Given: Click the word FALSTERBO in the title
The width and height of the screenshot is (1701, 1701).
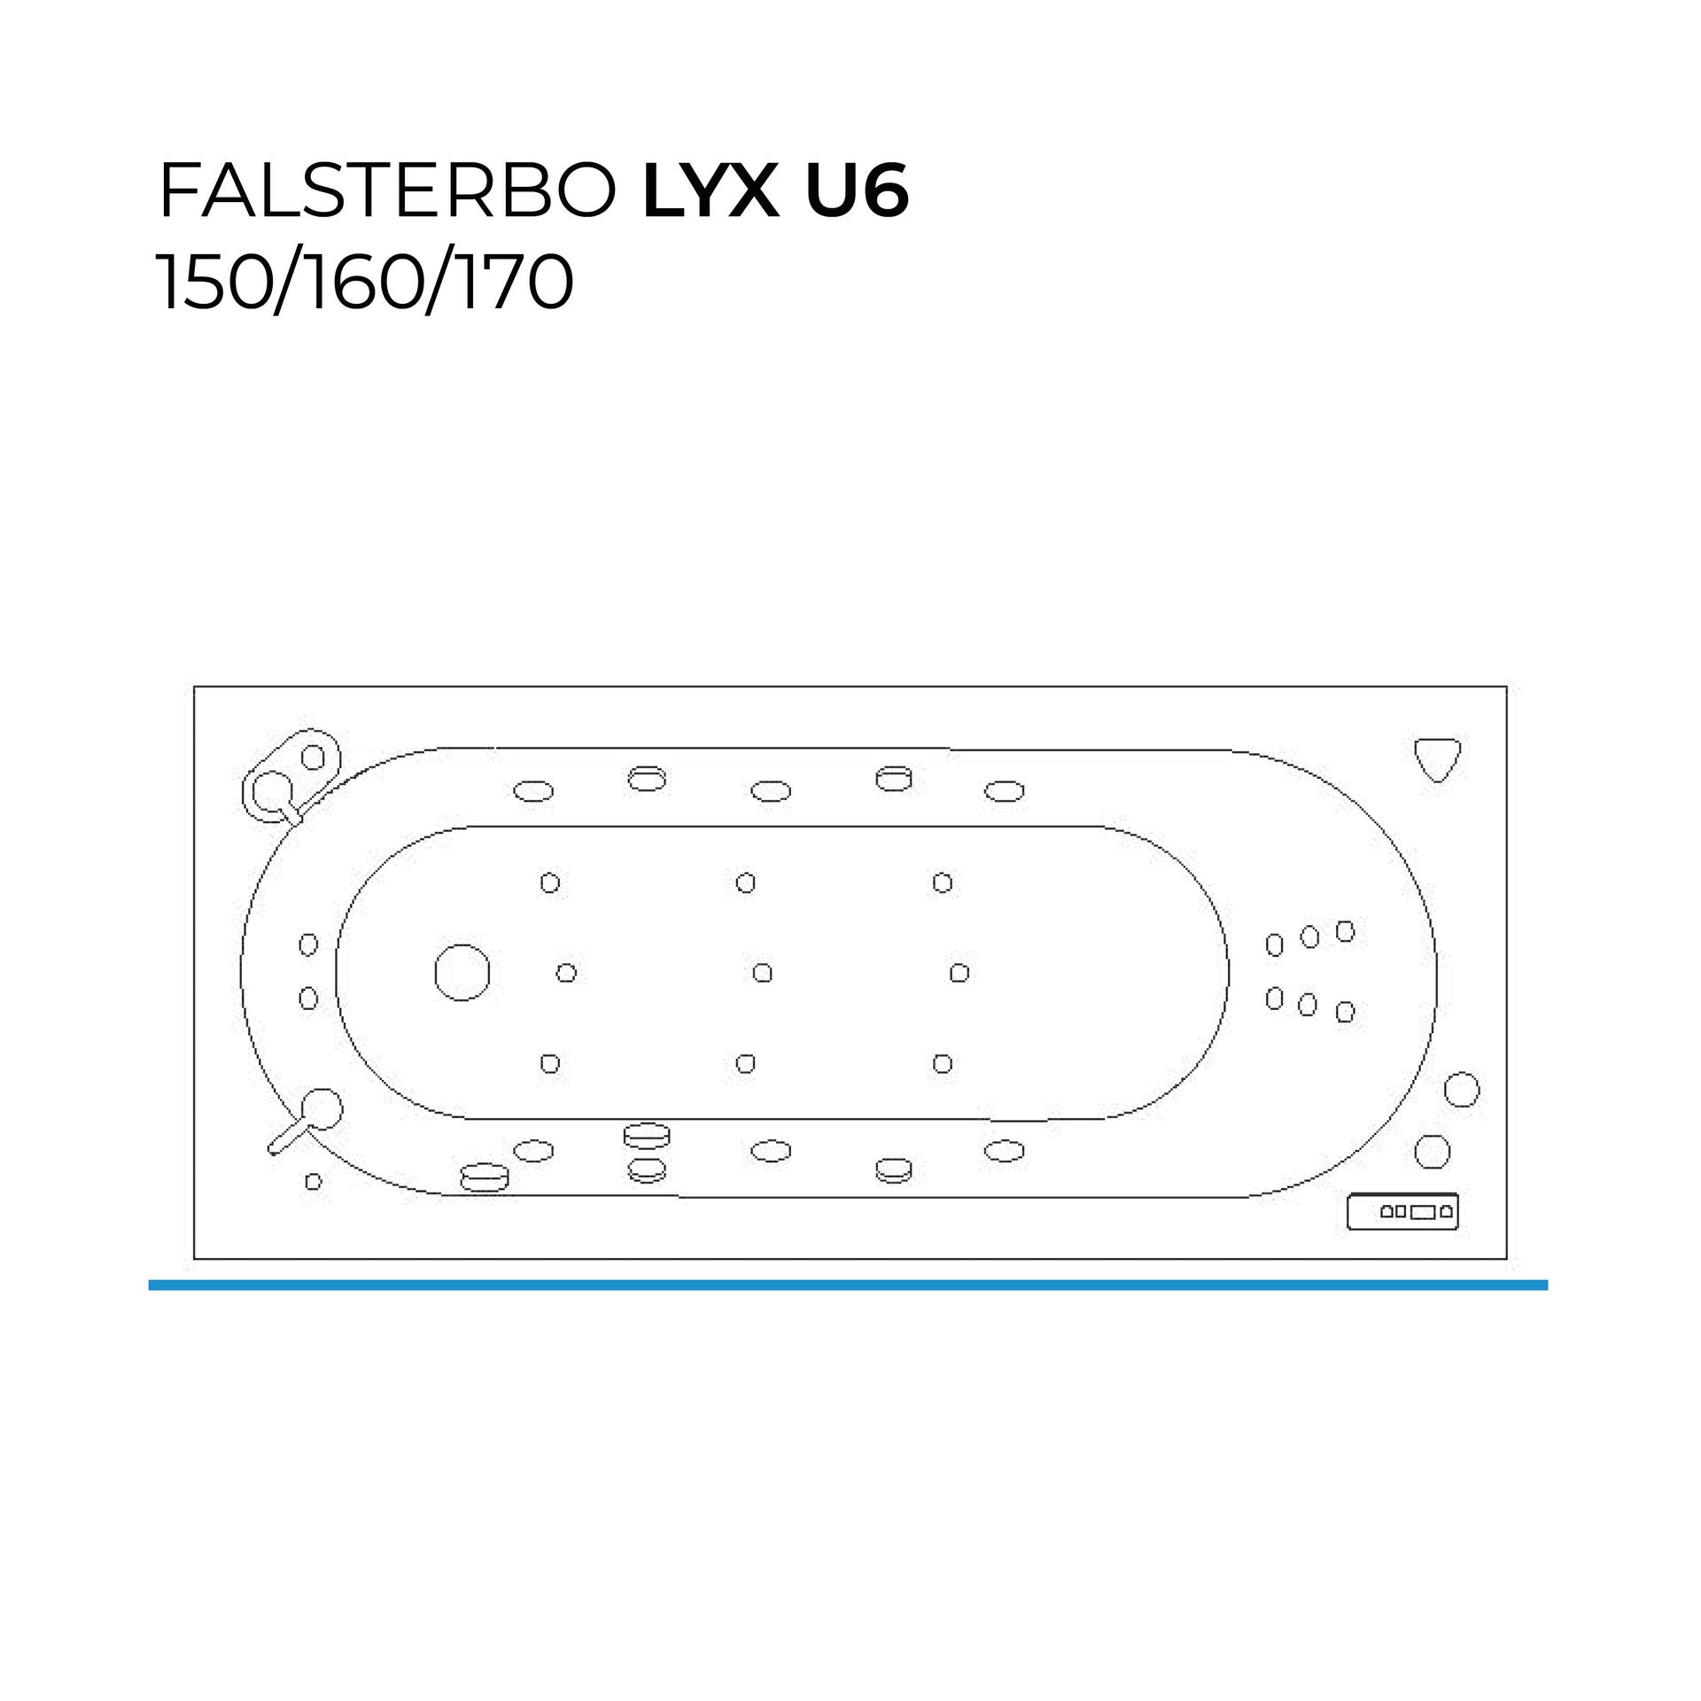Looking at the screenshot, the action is [387, 192].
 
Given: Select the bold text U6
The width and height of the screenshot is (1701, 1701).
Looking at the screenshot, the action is [856, 192].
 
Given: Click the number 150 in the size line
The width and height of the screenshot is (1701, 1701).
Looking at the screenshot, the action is [212, 283].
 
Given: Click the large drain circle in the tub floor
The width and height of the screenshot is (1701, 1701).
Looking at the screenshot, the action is [462, 972].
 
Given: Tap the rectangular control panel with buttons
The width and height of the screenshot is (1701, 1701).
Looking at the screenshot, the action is [1402, 1212].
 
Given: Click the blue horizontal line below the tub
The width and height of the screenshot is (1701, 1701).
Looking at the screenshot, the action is [848, 1285].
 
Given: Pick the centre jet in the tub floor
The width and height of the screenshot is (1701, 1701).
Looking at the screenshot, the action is [762, 973].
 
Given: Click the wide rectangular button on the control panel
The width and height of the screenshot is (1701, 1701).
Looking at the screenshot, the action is [1422, 1212].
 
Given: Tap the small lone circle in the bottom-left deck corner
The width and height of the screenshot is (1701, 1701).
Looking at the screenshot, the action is [313, 1182].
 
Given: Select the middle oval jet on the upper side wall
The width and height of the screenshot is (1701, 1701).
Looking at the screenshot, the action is [771, 791].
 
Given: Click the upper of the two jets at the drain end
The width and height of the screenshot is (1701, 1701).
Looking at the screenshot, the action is [308, 944].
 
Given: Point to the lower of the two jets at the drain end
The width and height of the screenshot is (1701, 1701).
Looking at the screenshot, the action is [308, 998].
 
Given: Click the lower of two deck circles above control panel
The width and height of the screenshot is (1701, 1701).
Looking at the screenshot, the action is [1432, 1152].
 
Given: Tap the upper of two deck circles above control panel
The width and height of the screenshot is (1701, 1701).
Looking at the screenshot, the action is [1462, 1090].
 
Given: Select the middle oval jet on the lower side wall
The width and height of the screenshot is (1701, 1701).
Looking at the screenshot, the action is [771, 1151].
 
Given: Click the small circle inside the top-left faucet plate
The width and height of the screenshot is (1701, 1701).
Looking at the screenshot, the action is [313, 757].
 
